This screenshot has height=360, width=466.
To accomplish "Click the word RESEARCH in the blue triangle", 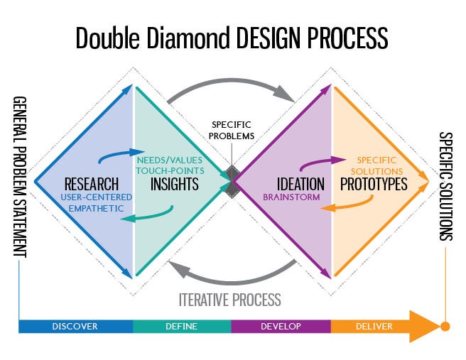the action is click(x=92, y=184).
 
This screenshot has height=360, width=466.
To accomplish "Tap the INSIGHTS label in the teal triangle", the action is click(x=174, y=184).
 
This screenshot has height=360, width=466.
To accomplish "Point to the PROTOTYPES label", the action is click(x=374, y=184).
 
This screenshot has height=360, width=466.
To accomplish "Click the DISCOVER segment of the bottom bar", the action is click(x=75, y=327).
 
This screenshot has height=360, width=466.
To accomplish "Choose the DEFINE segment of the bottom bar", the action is click(x=182, y=327).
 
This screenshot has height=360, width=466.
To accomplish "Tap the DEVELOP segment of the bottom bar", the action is click(x=281, y=327).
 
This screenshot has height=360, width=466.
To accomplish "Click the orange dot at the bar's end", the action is click(x=445, y=327).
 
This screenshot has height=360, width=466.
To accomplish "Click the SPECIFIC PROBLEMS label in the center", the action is click(x=232, y=131).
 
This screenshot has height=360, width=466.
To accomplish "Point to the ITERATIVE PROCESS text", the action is click(x=229, y=299).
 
